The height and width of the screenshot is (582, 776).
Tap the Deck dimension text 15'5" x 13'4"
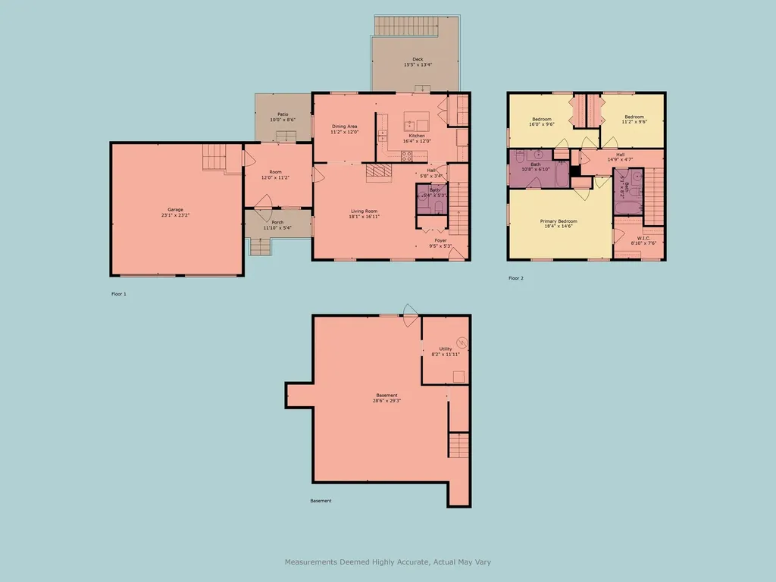pyautogui.click(x=418, y=65)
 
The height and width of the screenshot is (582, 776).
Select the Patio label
pyautogui.click(x=283, y=114)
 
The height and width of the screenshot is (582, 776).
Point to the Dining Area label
pyautogui.click(x=344, y=127)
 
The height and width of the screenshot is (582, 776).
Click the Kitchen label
pyautogui.click(x=417, y=136)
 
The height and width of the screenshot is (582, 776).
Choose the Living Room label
pyautogui.click(x=364, y=211)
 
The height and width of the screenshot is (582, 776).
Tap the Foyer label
pyautogui.click(x=440, y=239)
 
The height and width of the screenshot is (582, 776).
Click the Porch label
pyautogui.click(x=278, y=222)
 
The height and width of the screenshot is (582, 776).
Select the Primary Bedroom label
pyautogui.click(x=559, y=221)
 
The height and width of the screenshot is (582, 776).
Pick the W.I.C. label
pyautogui.click(x=645, y=238)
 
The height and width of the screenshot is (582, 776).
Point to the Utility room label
pyautogui.click(x=446, y=349)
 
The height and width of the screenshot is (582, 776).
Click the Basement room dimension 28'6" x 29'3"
pyautogui.click(x=386, y=401)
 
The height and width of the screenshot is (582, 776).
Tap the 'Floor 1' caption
pyautogui.click(x=118, y=293)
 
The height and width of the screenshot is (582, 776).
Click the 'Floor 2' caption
pyautogui.click(x=516, y=278)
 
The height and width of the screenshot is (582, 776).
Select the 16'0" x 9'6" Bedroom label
pyautogui.click(x=542, y=118)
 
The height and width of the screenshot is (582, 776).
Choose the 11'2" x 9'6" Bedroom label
pyautogui.click(x=634, y=117)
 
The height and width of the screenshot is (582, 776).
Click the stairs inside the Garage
pyautogui.click(x=214, y=158)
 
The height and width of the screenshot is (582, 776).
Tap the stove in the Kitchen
pyautogui.click(x=406, y=156)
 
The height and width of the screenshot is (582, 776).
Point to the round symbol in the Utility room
pyautogui.click(x=462, y=343)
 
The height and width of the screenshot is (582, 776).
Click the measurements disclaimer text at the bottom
pyautogui.click(x=388, y=562)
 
